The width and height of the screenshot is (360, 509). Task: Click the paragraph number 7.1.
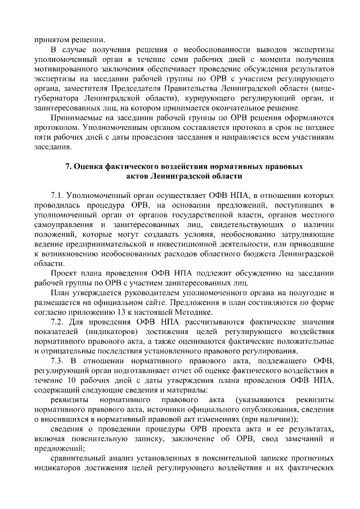tap(58, 195)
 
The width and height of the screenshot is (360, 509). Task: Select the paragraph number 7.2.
tap(58, 322)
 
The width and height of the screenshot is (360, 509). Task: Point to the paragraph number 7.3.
tap(58, 361)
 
